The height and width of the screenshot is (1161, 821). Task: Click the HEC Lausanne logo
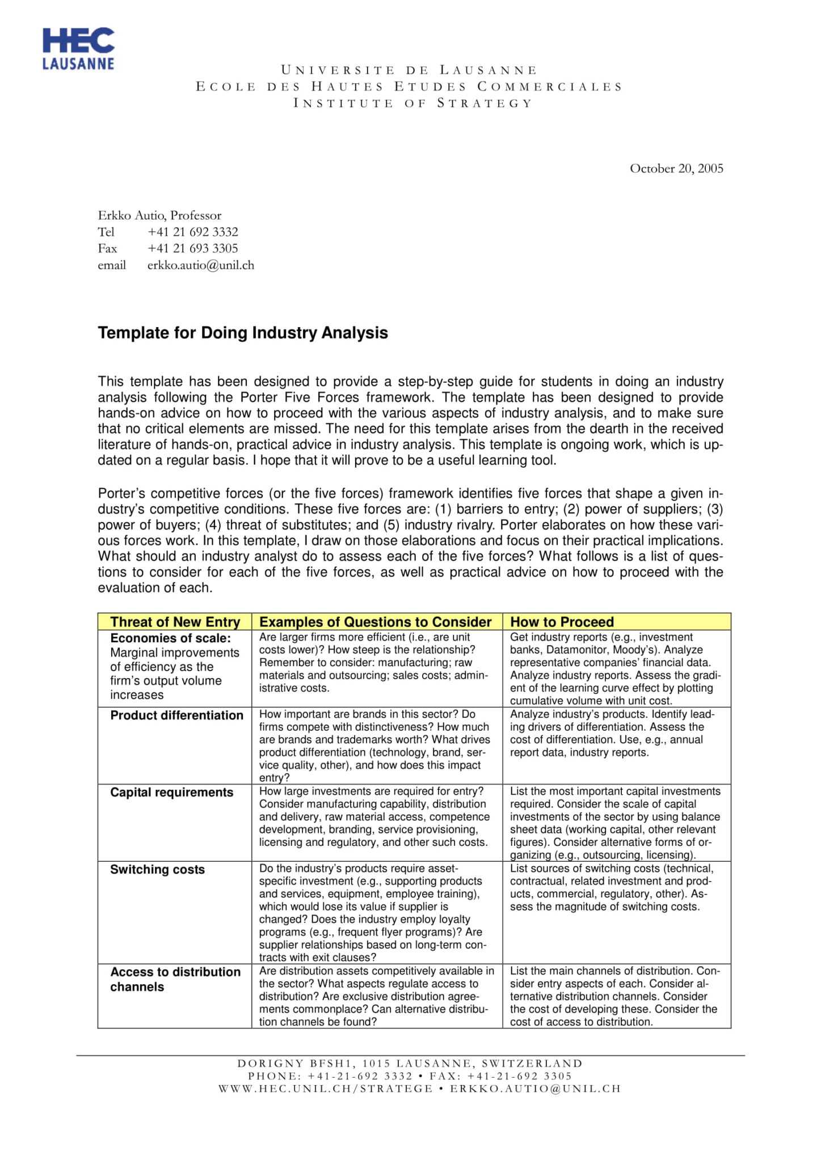78,49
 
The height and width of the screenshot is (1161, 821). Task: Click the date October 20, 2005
676,168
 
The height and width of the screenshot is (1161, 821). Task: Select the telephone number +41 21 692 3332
192,232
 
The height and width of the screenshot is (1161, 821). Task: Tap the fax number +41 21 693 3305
192,248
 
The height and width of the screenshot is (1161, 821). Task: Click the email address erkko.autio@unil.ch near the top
200,265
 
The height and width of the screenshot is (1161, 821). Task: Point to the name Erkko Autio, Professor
159,215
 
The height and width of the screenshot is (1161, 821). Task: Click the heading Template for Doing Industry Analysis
243,333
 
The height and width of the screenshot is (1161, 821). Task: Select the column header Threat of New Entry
175,622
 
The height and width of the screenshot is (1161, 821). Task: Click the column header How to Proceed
562,622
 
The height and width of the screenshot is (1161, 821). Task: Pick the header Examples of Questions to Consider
375,622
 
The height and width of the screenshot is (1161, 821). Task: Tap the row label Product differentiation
176,715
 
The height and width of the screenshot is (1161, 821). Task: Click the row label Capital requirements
171,793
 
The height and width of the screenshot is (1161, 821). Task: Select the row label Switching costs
157,870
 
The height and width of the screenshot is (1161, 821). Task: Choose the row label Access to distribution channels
175,979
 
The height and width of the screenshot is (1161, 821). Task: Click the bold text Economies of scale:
170,638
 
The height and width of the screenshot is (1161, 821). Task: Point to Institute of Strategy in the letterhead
412,103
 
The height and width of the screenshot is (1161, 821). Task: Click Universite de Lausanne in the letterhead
409,70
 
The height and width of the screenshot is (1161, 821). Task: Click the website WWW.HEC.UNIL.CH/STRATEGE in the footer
325,1088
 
